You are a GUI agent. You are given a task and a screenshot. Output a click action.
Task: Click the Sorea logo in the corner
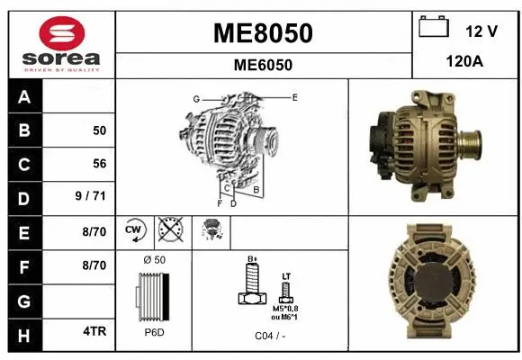[61, 43]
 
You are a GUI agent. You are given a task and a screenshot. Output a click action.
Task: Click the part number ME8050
[263, 33]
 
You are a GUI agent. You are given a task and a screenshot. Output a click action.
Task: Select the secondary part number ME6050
[263, 65]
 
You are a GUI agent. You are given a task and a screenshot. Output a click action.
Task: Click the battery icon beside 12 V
[434, 27]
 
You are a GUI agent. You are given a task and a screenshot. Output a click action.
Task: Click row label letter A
[24, 96]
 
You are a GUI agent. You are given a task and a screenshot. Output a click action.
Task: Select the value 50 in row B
[99, 130]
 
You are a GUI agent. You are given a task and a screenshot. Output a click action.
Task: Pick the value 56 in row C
[99, 164]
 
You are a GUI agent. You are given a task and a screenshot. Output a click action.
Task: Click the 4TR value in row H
[96, 330]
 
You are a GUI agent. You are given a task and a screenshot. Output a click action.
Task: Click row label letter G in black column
[24, 298]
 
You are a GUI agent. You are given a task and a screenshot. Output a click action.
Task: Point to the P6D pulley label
[154, 332]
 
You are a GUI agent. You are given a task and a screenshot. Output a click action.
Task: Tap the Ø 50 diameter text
[154, 260]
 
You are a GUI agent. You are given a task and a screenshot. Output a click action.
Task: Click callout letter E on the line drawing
[294, 96]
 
